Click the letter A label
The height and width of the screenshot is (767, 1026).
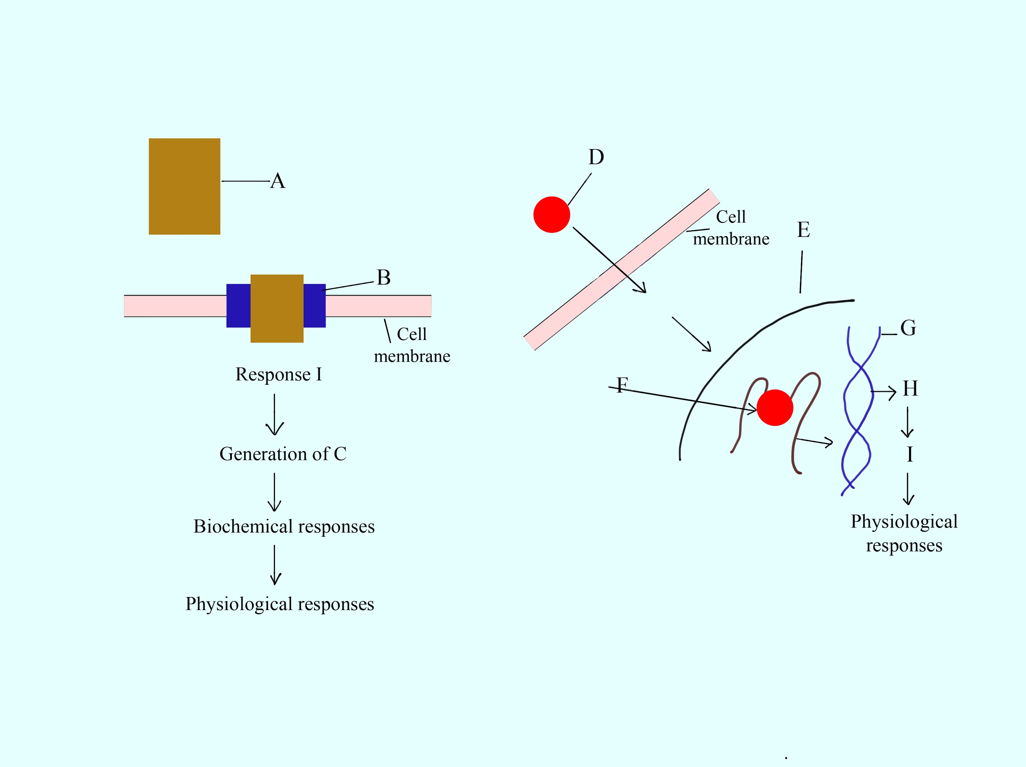[x=278, y=181]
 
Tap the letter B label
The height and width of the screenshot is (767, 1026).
[x=384, y=278]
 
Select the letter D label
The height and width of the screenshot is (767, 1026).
[x=596, y=157]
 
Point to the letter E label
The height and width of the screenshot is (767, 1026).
[x=804, y=230]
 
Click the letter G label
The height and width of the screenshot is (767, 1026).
[x=908, y=328]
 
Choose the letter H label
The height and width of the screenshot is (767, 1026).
[x=910, y=388]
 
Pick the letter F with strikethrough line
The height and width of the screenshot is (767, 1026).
[x=622, y=385]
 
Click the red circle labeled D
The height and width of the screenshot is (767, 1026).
[x=552, y=214]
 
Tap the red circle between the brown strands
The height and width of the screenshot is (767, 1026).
[x=774, y=407]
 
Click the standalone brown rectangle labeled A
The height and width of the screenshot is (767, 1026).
[x=184, y=186]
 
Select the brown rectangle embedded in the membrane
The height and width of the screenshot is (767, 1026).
[x=277, y=308]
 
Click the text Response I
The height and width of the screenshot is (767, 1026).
[x=278, y=374]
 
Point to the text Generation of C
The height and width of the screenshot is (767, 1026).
[x=282, y=454]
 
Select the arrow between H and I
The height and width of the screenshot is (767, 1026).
[x=907, y=422]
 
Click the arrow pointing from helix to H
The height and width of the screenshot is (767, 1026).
[x=883, y=393]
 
